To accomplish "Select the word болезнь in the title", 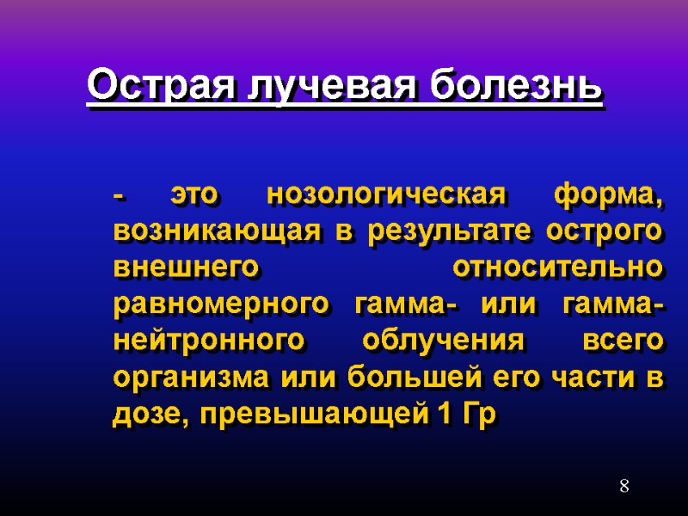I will pos(515,86).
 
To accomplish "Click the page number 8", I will pos(624,488).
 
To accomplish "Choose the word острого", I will pos(611,232).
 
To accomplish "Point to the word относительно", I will pos(557,268).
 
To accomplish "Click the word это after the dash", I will pos(194,196).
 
